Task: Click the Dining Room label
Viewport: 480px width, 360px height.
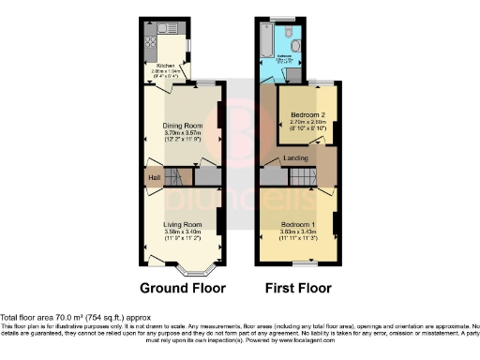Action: [183, 126]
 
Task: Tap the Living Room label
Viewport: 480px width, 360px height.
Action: [184, 224]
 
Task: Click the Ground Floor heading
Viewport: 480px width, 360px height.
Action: [182, 288]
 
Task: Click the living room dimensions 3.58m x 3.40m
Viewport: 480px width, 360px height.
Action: [184, 232]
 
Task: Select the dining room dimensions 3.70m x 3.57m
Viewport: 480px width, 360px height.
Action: [183, 133]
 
